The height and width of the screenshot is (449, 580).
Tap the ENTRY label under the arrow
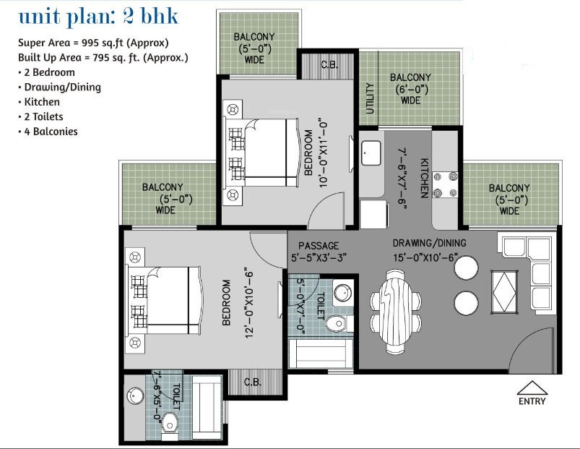click(x=532, y=401)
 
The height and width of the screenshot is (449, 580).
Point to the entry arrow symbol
click(x=532, y=388)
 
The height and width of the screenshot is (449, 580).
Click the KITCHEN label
click(x=425, y=177)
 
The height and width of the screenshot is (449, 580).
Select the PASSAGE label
click(x=319, y=246)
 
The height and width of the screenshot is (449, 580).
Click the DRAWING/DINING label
click(x=429, y=243)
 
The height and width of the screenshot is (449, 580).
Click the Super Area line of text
click(x=93, y=43)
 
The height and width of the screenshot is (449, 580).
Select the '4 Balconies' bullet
click(x=48, y=132)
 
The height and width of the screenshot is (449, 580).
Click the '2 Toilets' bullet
click(x=44, y=116)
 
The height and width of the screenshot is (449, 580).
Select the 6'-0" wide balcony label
click(x=410, y=89)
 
